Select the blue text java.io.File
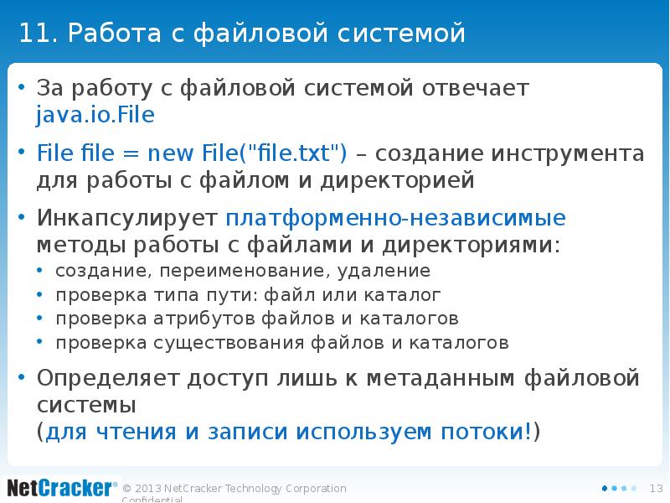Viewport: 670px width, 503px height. click(x=95, y=115)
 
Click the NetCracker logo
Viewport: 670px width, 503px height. click(x=59, y=487)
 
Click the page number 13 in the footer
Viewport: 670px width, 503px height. click(x=657, y=489)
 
